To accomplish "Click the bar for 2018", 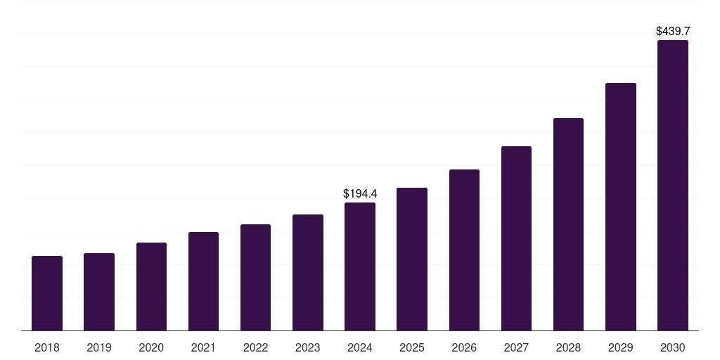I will [x=47, y=293].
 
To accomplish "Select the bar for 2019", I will [x=99, y=292].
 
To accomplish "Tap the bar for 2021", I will [x=203, y=281].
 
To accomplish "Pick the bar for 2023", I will [x=308, y=272].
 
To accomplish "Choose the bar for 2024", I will [x=360, y=266].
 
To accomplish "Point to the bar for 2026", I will [x=464, y=250].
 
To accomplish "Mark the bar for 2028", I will [x=568, y=224].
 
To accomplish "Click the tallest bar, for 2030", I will [x=673, y=185].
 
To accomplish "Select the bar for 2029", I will [x=621, y=207].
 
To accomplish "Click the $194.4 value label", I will [x=360, y=193].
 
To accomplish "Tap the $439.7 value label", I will [x=673, y=31].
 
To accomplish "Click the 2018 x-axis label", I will [x=47, y=347].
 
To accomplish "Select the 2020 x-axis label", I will [x=151, y=347].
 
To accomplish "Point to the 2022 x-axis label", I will [x=255, y=347].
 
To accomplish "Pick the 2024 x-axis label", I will [x=360, y=347].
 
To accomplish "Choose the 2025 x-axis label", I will [x=412, y=347].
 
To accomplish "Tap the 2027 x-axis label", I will [x=516, y=347].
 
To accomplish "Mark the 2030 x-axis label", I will [x=673, y=347].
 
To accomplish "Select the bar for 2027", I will [x=516, y=238].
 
